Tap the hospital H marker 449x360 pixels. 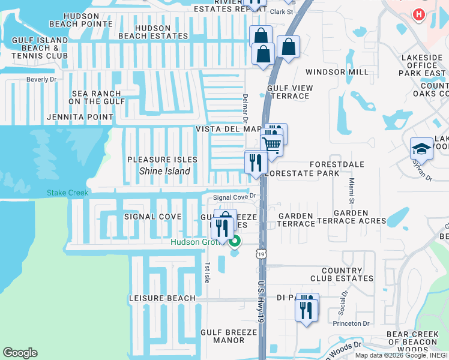point(419,14)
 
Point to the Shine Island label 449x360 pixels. point(164,171)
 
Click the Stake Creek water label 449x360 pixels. point(68,193)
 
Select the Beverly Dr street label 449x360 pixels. point(41,79)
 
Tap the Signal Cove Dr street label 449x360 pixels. point(235,196)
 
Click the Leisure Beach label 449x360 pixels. point(162,298)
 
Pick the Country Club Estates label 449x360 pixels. point(342,274)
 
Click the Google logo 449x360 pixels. point(20,353)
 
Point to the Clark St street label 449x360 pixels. point(280,11)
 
